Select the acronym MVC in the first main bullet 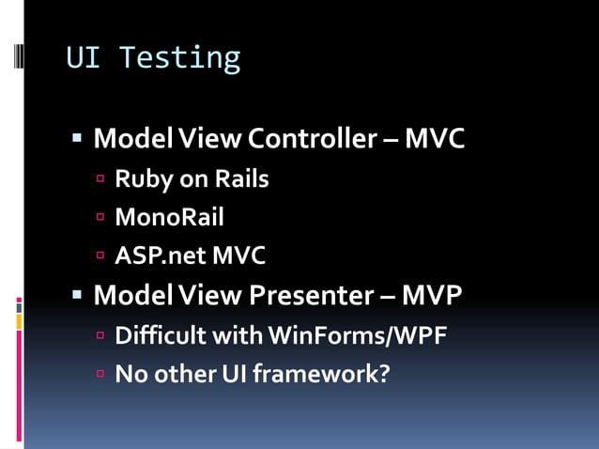435,140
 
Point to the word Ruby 140,179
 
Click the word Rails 241,178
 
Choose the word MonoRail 169,218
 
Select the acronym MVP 433,295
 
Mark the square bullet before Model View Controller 78,140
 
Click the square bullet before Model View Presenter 78,295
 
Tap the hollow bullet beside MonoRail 101,218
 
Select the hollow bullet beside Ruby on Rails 101,178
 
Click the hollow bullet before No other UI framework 101,373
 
